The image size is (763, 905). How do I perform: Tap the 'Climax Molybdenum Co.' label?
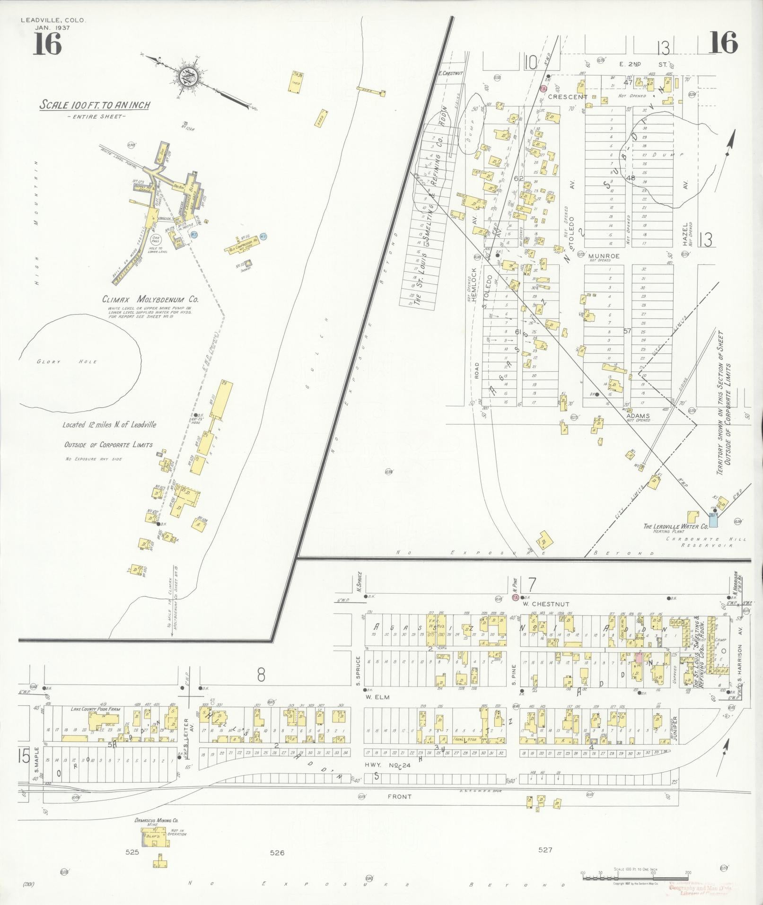150,299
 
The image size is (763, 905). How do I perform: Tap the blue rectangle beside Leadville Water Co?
712,520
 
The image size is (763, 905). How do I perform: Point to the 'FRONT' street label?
399,797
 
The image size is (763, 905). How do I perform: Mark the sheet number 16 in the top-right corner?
723,44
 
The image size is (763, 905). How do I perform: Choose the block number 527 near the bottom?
545,850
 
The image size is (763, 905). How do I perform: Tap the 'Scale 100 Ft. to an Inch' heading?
94,105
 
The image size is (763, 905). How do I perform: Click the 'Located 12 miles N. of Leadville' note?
109,425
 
